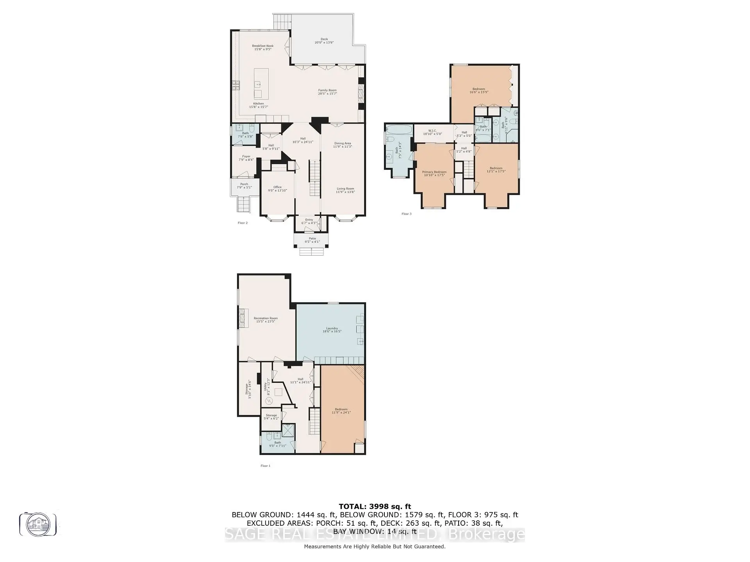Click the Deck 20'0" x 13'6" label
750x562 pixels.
click(324, 41)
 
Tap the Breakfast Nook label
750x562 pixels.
click(262, 48)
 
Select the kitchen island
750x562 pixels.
click(261, 84)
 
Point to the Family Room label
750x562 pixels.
click(327, 92)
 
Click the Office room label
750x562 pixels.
click(277, 189)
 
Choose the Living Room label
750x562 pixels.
click(345, 190)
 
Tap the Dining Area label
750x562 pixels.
click(342, 145)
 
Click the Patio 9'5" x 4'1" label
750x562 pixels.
click(312, 240)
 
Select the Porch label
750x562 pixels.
click(244, 186)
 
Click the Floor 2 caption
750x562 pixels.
click(243, 223)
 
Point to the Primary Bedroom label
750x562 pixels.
click(434, 173)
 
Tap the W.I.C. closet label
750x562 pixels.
click(432, 132)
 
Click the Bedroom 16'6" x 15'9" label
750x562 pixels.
click(479, 91)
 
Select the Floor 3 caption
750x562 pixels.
click(406, 214)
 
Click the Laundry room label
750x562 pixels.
click(332, 330)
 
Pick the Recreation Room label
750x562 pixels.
click(266, 320)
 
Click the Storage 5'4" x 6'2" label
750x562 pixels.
click(271, 417)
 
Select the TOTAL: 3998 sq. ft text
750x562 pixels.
click(375, 507)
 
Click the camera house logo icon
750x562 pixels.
click(38, 524)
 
